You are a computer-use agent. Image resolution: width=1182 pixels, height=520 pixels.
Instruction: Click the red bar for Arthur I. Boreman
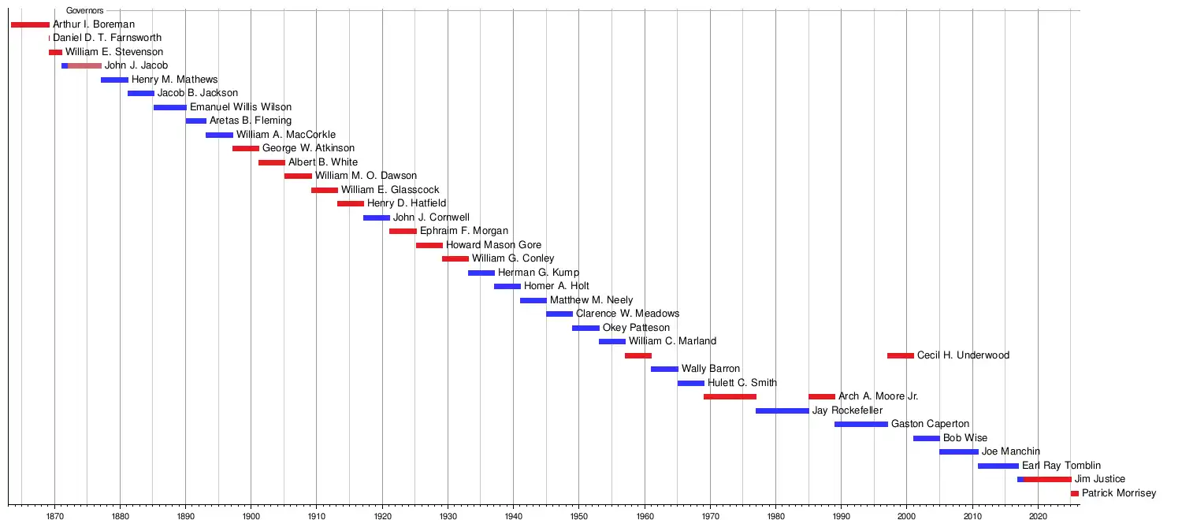(30, 24)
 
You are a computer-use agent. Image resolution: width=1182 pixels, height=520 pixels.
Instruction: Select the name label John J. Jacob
(136, 65)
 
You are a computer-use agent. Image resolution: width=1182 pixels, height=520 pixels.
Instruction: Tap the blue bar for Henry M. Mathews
(114, 80)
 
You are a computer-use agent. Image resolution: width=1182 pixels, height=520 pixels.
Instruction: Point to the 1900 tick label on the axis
(251, 516)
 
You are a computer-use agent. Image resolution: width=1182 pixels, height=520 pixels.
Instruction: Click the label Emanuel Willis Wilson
(240, 107)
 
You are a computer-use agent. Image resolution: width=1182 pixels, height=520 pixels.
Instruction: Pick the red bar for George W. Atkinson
(246, 149)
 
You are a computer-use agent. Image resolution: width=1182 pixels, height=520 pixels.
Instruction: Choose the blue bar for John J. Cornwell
(377, 217)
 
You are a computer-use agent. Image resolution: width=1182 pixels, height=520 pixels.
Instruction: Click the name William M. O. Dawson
(366, 176)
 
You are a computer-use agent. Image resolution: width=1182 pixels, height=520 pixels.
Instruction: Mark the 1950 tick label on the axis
(579, 516)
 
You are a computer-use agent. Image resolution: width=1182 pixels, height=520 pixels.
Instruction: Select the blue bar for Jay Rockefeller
(782, 410)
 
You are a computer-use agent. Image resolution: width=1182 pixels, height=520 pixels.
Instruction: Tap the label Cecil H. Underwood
(963, 355)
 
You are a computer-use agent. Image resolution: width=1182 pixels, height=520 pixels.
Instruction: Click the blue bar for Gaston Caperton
(861, 425)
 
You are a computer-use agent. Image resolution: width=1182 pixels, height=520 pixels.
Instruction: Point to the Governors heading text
(85, 10)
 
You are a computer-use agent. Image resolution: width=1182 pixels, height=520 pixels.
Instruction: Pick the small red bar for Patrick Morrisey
(1075, 494)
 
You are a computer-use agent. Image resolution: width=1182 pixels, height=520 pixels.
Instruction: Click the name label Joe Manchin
(1010, 451)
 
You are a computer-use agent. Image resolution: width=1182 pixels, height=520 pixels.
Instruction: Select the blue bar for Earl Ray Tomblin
(998, 466)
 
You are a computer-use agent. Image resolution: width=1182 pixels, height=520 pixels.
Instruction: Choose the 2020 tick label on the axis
(1038, 516)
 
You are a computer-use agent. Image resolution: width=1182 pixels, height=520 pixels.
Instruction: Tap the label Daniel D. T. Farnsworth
(107, 38)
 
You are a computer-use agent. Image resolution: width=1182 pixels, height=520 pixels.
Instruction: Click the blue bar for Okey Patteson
(585, 328)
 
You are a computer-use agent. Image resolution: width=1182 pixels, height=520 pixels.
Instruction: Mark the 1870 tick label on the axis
(55, 516)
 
